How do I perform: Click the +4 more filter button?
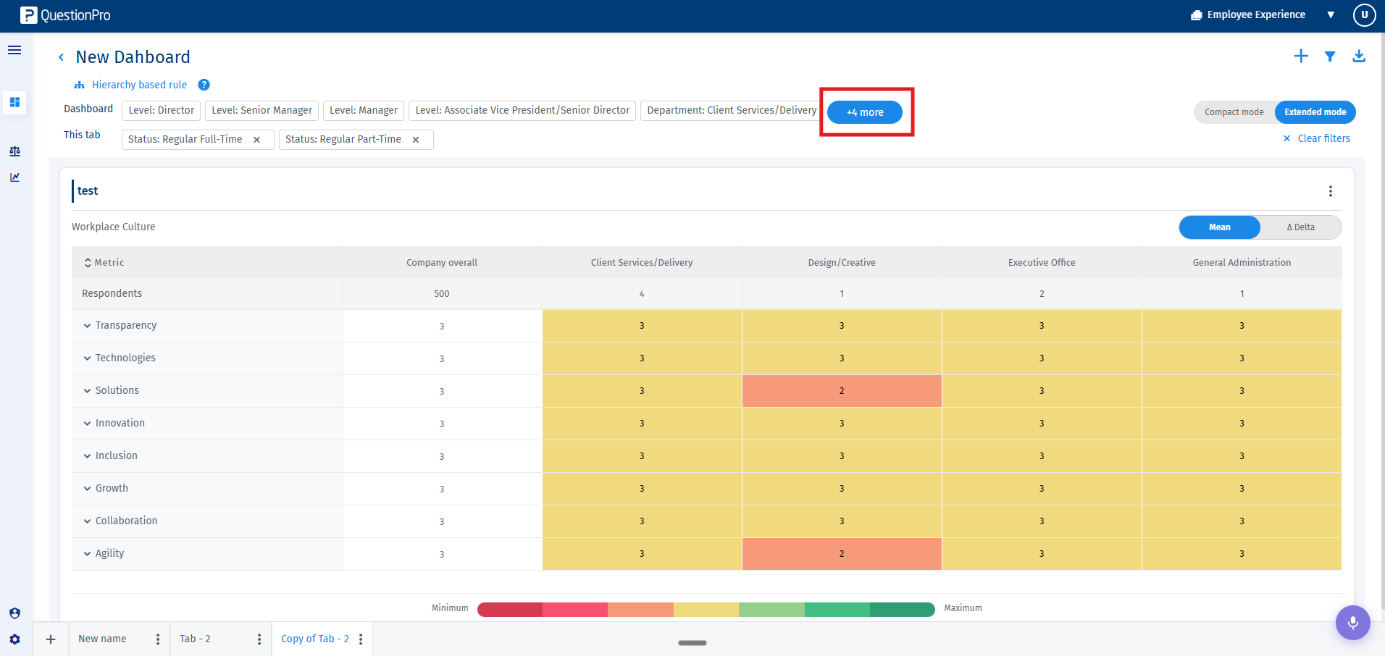click(x=865, y=112)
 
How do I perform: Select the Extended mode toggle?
click(x=1315, y=112)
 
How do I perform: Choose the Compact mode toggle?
click(x=1234, y=112)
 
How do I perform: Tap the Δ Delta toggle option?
click(x=1301, y=227)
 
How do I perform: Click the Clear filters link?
click(x=1317, y=138)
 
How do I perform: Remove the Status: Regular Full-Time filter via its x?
click(x=256, y=140)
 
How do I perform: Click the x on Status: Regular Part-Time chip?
click(x=416, y=140)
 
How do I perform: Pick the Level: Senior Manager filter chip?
click(x=261, y=110)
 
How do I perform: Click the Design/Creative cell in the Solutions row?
click(x=842, y=391)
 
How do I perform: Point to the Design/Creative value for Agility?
click(x=842, y=554)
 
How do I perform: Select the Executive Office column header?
click(x=1042, y=263)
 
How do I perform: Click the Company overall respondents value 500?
click(x=442, y=294)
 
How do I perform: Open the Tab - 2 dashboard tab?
click(x=196, y=639)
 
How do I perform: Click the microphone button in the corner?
click(x=1353, y=623)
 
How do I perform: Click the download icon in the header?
click(x=1359, y=56)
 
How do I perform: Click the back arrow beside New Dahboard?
click(x=61, y=57)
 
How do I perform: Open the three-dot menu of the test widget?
click(x=1331, y=191)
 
